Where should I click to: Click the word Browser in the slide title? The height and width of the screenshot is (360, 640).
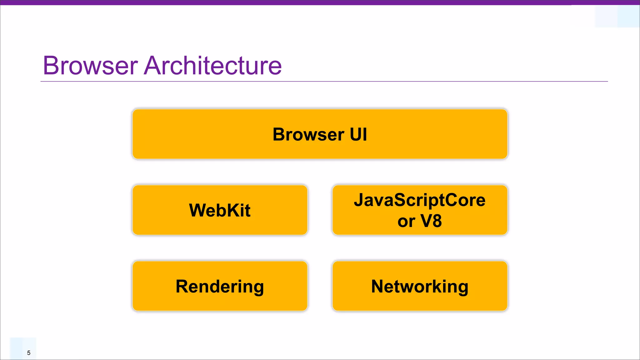[x=90, y=66]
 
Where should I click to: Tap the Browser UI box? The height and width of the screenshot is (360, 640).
[x=320, y=134]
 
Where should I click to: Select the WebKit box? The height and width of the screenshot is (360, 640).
[x=220, y=210]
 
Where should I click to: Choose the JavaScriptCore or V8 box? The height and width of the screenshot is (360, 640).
[x=420, y=210]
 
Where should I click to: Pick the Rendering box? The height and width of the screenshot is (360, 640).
[x=220, y=286]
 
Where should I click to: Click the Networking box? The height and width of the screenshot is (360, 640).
[x=420, y=286]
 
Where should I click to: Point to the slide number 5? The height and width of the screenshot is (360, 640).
[x=29, y=353]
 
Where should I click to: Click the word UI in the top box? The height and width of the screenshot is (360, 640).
[x=358, y=134]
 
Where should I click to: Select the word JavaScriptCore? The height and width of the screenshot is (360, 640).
[x=420, y=200]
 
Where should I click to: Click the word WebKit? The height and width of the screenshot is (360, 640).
[x=220, y=210]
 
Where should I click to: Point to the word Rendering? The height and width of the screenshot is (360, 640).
[x=220, y=286]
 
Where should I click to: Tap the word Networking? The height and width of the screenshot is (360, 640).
[x=420, y=286]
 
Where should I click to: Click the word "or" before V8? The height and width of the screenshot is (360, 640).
[x=406, y=222]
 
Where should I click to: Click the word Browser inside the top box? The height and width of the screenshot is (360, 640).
[x=309, y=134]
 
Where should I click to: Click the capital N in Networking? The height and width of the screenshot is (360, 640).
[x=378, y=286]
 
